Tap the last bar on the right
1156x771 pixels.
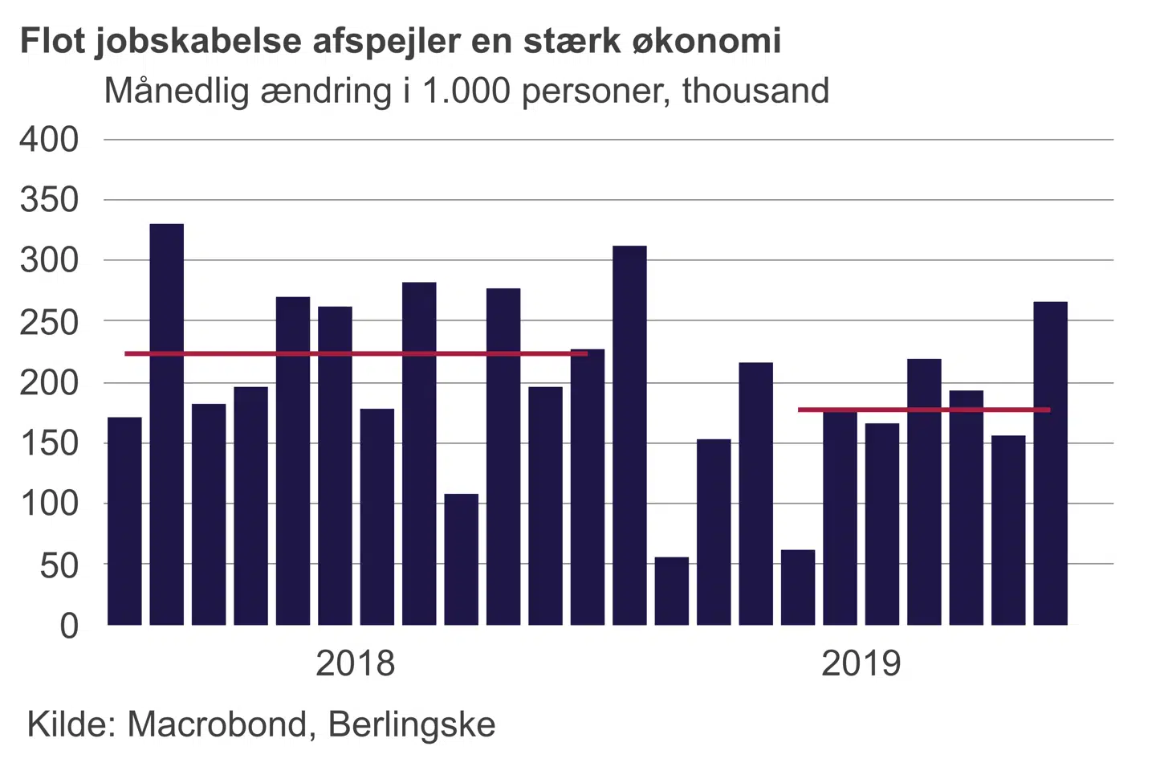pyautogui.click(x=1050, y=463)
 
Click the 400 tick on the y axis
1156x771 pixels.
pyautogui.click(x=50, y=140)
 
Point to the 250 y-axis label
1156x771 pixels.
pyautogui.click(x=50, y=321)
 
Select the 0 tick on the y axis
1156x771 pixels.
pyautogui.click(x=70, y=626)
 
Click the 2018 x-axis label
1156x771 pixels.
pyautogui.click(x=355, y=663)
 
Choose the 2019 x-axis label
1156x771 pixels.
pyautogui.click(x=861, y=663)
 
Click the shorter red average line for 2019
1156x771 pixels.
pyautogui.click(x=923, y=410)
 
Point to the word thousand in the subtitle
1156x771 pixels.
pyautogui.click(x=755, y=91)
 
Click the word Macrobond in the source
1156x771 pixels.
pyautogui.click(x=218, y=724)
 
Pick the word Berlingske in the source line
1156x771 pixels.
pyautogui.click(x=412, y=724)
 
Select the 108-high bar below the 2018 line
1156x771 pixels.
pyautogui.click(x=462, y=559)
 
